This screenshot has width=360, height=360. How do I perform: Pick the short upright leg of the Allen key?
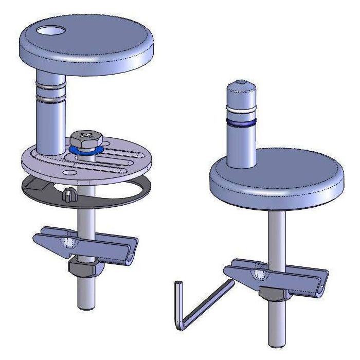(x=178, y=303)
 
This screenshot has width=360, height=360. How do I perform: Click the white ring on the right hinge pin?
(x=242, y=111)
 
